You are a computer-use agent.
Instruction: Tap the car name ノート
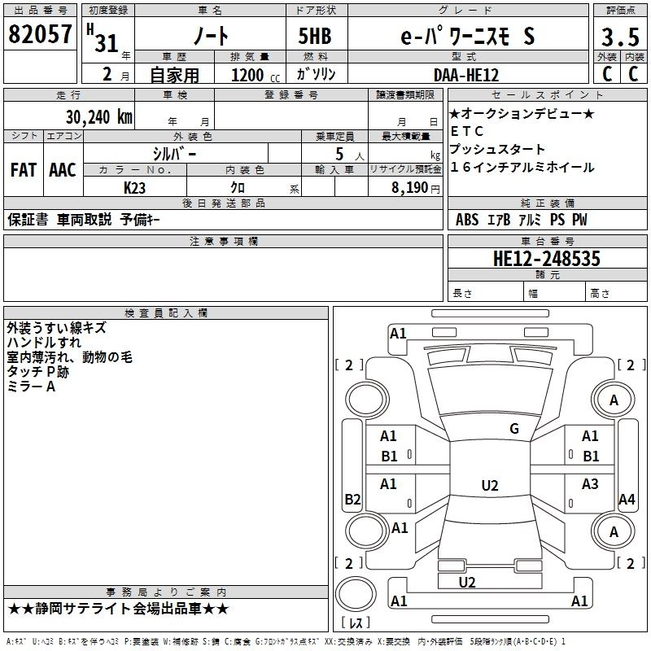click(209, 37)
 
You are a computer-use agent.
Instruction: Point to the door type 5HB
click(314, 37)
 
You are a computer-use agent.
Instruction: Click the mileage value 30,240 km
click(98, 116)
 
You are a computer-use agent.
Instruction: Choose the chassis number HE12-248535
click(547, 259)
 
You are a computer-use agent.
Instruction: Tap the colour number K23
click(135, 186)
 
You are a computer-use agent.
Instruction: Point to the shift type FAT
click(24, 170)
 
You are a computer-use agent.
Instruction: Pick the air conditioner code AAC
click(63, 170)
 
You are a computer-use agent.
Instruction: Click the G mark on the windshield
click(513, 429)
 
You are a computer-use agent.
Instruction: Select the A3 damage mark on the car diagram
click(590, 484)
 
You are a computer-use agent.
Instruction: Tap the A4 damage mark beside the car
click(627, 500)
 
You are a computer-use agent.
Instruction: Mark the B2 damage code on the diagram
click(352, 500)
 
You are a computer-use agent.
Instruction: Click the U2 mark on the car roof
click(489, 486)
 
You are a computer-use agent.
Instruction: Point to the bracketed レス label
click(356, 623)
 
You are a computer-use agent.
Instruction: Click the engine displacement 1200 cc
click(248, 75)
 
